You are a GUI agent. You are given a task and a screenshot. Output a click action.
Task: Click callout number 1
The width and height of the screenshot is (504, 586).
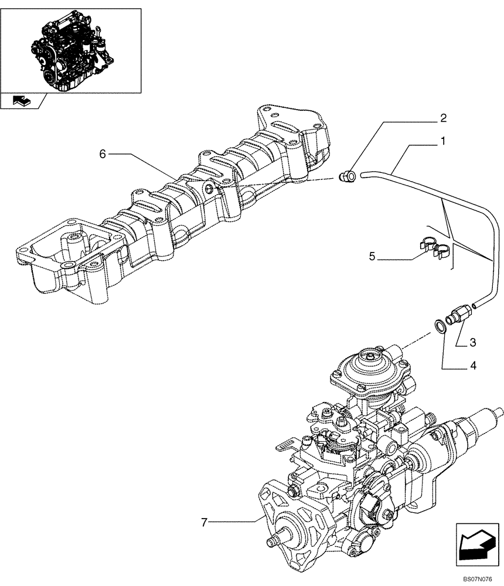444,141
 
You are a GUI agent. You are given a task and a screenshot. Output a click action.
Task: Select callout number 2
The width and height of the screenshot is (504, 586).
444,118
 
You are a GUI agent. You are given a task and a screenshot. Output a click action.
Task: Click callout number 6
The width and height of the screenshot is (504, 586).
103,154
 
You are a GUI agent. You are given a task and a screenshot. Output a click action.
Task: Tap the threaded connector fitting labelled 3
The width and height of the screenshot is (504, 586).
457,315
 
